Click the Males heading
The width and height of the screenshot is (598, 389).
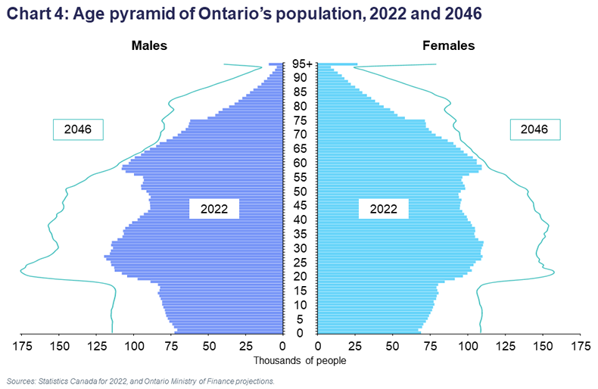click(x=149, y=45)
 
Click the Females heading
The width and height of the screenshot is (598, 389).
click(x=448, y=45)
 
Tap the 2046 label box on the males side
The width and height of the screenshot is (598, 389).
click(x=78, y=129)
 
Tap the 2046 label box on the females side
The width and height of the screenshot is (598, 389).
click(x=534, y=129)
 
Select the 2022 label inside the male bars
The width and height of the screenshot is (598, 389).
click(x=214, y=209)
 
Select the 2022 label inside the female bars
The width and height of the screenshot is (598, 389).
click(x=384, y=209)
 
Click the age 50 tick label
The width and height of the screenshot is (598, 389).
click(x=301, y=191)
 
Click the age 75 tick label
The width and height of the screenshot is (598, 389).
click(x=301, y=121)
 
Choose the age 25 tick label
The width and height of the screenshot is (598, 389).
click(x=301, y=263)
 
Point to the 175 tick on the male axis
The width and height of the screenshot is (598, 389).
click(x=21, y=347)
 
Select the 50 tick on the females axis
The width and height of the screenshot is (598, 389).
click(x=392, y=347)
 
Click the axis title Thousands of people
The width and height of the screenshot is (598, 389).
click(x=299, y=360)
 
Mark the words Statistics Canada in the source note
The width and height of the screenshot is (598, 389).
click(x=72, y=381)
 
